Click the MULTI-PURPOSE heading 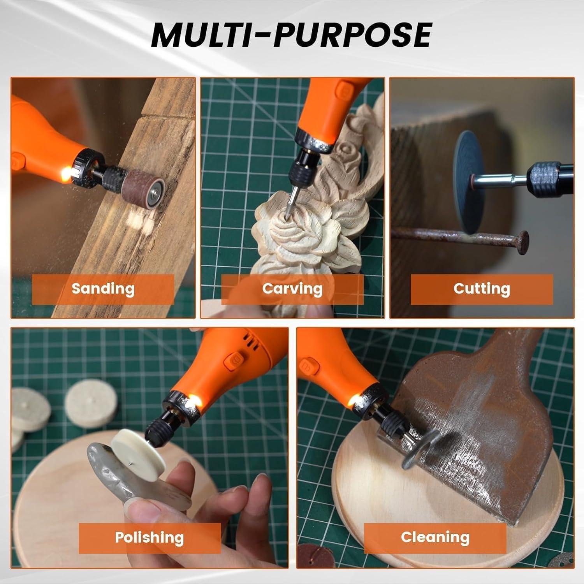pyautogui.click(x=291, y=35)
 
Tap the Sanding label pyautogui.click(x=103, y=289)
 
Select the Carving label pyautogui.click(x=292, y=289)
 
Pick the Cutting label pyautogui.click(x=482, y=288)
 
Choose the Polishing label pyautogui.click(x=150, y=538)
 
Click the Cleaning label pyautogui.click(x=435, y=537)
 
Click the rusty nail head pyautogui.click(x=522, y=242)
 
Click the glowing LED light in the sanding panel pyautogui.click(x=71, y=172)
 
